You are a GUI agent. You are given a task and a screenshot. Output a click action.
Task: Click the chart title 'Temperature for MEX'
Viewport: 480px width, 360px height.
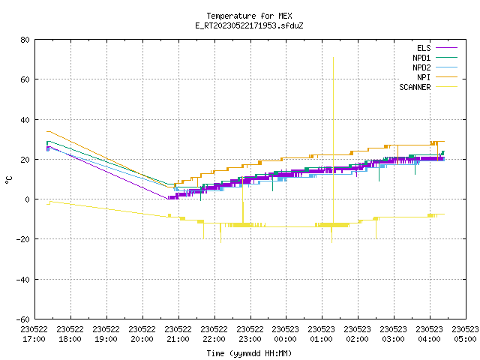point(249,16)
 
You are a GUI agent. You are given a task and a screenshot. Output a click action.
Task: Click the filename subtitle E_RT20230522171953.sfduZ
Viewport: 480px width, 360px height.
point(249,25)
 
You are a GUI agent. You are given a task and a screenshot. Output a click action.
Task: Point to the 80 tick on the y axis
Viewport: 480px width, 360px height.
point(25,40)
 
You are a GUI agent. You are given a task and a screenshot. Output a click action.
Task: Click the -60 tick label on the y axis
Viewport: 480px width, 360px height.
point(23,319)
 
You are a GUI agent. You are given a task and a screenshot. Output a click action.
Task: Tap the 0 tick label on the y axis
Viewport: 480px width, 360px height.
point(28,199)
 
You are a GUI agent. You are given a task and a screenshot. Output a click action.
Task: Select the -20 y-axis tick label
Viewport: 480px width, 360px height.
point(23,239)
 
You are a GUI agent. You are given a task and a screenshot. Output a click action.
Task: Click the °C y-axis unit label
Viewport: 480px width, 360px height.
point(8,180)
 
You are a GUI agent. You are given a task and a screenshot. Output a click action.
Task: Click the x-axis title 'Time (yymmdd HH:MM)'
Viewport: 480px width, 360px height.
point(249,353)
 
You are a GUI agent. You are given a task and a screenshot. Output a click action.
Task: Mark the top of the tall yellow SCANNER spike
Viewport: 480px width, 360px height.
point(333,57)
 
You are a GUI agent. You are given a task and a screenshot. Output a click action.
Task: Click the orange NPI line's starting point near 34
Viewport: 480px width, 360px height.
point(47,131)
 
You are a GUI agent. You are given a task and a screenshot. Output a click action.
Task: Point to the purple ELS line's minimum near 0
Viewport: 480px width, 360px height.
point(168,199)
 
